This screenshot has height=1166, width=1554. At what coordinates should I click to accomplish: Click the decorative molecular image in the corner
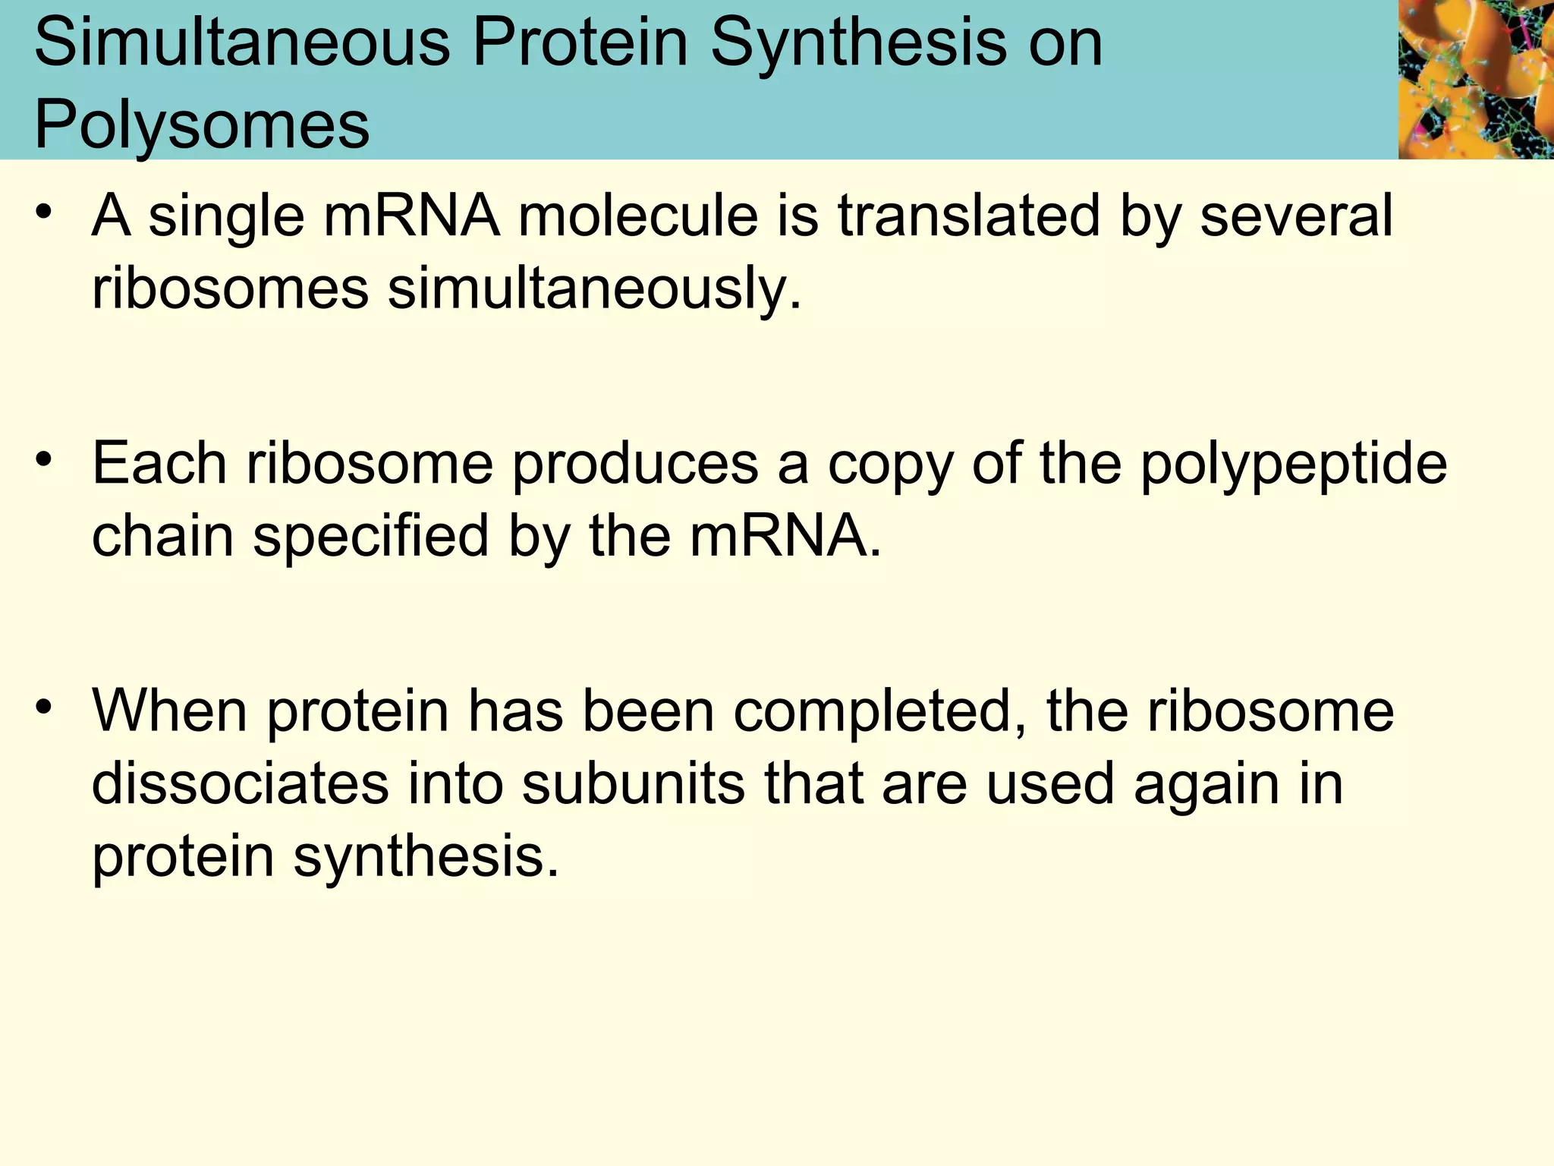coord(1475,79)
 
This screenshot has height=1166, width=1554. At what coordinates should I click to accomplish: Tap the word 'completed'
coord(880,713)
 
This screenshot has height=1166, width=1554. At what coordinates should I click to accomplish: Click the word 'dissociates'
coord(240,783)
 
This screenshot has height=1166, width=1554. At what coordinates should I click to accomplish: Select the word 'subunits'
coord(633,783)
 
